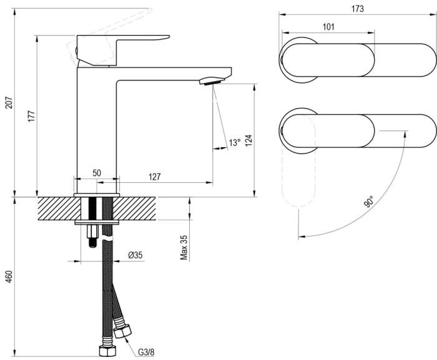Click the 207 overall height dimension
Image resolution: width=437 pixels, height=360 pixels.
(x=9, y=103)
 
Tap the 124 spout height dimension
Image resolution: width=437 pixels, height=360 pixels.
(x=248, y=140)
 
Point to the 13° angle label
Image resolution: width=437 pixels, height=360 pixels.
(x=233, y=143)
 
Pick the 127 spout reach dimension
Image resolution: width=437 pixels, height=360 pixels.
(x=154, y=177)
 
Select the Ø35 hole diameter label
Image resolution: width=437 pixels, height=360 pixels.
(x=135, y=255)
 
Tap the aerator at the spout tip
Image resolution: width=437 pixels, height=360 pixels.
(x=210, y=80)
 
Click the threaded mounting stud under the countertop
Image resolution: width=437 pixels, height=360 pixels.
(x=92, y=234)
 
